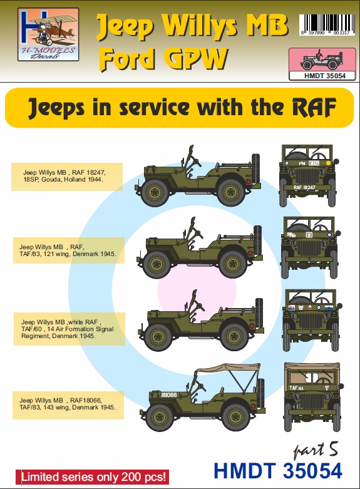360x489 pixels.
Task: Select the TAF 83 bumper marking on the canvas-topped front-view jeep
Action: (x=297, y=406)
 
